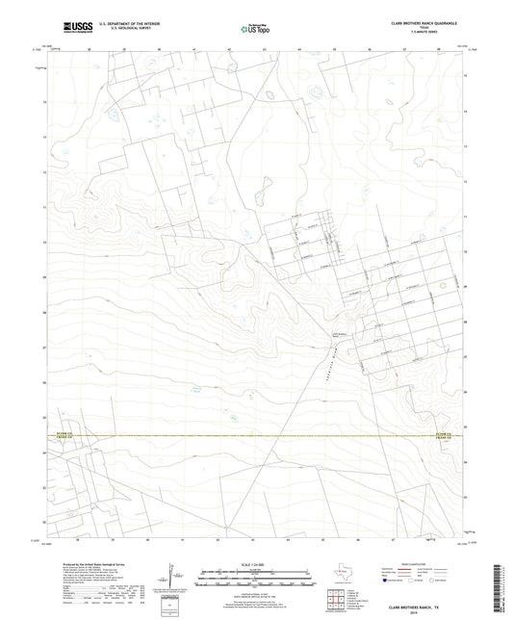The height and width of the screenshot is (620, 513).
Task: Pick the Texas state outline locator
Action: (x=345, y=572)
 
